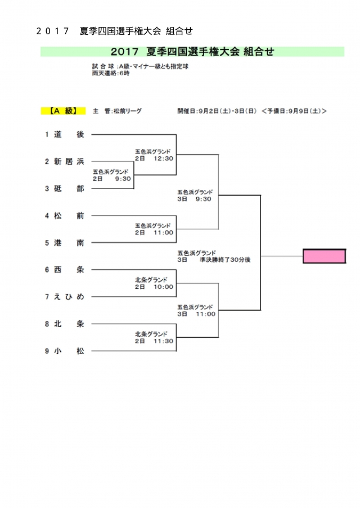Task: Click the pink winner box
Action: click(325, 256)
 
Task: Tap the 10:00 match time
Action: click(163, 287)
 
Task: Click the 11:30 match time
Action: click(163, 341)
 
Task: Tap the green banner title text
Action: click(192, 52)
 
